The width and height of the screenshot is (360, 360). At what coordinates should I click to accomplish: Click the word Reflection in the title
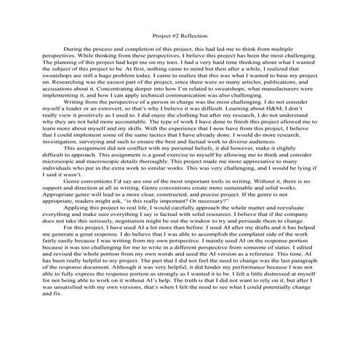click(194, 34)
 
